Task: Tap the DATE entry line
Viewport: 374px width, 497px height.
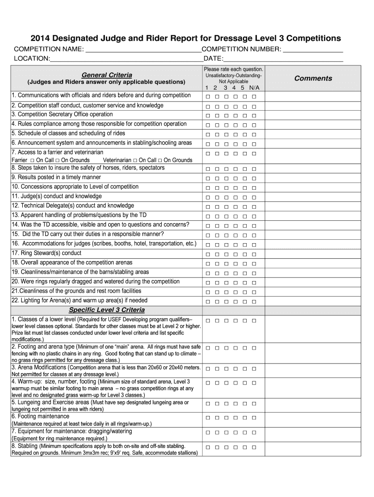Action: pos(283,59)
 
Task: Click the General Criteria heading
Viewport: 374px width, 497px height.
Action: pos(106,75)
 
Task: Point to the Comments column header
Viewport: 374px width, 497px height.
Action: pos(313,78)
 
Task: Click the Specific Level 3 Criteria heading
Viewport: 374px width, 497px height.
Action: pos(106,310)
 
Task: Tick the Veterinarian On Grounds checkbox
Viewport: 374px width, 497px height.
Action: pos(160,160)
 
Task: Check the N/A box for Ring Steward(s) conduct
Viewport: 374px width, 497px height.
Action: pos(254,254)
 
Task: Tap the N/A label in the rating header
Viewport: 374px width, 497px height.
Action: pos(255,88)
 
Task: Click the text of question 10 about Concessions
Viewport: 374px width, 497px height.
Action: pos(75,187)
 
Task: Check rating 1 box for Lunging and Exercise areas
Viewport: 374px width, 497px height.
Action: pos(207,404)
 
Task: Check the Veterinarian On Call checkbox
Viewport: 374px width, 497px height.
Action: pos(135,160)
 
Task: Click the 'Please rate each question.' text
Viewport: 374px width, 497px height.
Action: pos(234,70)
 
